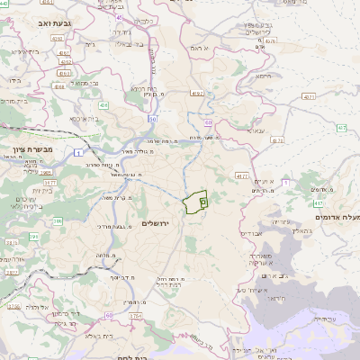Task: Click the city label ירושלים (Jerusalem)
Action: pyautogui.click(x=162, y=222)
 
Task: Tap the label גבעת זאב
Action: pyautogui.click(x=60, y=21)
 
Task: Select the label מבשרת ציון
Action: pyautogui.click(x=32, y=149)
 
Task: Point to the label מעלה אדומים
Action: pyautogui.click(x=337, y=218)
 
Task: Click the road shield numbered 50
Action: pyautogui.click(x=153, y=118)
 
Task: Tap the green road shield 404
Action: pyautogui.click(x=103, y=105)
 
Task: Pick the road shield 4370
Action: pyautogui.click(x=277, y=139)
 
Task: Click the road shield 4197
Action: pyautogui.click(x=196, y=93)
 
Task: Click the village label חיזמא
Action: pyautogui.click(x=263, y=76)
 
